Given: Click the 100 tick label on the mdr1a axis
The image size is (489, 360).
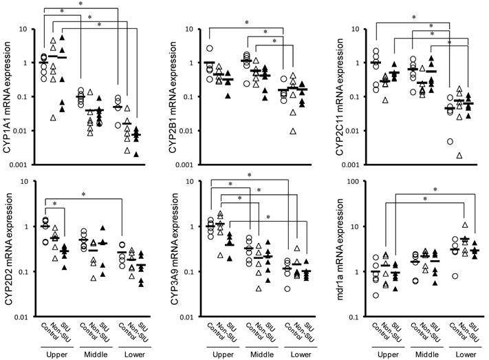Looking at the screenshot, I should tap(358, 182).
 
